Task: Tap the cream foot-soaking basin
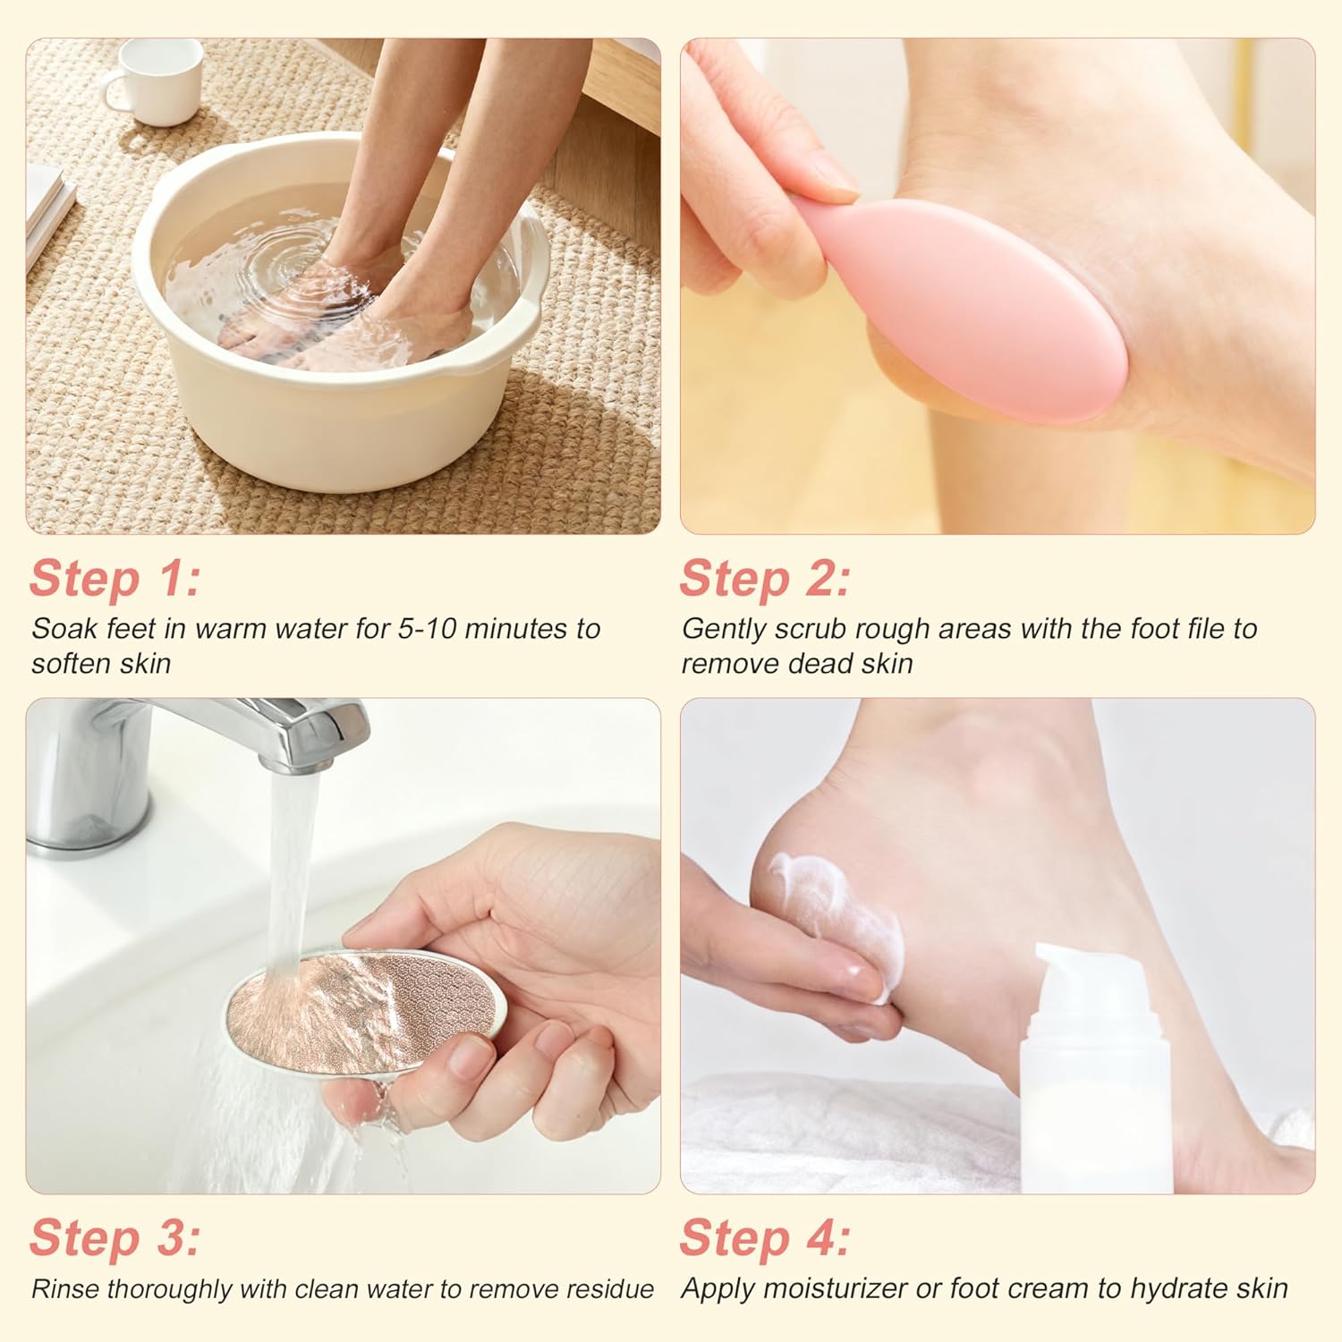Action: [340, 340]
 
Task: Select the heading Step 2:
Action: [765, 579]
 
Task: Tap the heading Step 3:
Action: [115, 1239]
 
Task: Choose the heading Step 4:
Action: [765, 1239]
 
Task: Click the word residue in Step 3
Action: [610, 1289]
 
